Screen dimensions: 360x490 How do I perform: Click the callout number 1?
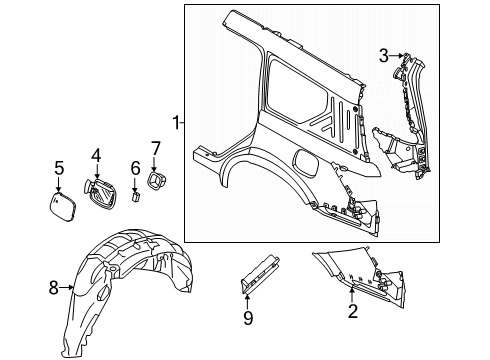[x=176, y=123]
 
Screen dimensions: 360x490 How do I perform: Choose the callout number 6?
[x=135, y=167]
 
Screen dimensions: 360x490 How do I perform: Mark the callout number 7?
[x=155, y=149]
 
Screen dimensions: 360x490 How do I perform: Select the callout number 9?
[x=249, y=319]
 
